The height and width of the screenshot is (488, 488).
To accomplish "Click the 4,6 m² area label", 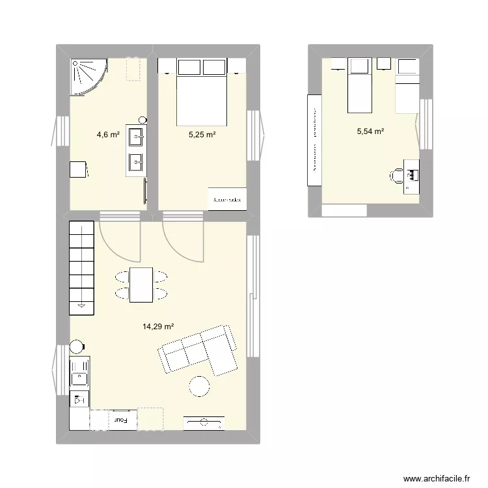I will coord(108,135).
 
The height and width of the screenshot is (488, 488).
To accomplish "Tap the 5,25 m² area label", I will coord(202,135).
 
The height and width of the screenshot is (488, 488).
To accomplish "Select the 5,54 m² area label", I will coord(370,131).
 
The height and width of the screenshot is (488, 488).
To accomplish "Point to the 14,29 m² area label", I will coord(157,327).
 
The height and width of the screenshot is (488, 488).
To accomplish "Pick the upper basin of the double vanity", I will coord(137,137).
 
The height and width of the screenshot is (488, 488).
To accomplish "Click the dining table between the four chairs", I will coord(141,285).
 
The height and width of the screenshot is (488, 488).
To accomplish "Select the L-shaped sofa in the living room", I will coord(198,351).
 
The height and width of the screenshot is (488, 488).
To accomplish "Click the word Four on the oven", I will coord(122,421).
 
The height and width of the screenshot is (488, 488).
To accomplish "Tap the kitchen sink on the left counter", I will coord(80,376).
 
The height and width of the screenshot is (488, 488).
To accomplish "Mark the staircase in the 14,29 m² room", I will coord(82,264).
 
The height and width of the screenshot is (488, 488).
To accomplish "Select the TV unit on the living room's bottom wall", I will coord(204,423).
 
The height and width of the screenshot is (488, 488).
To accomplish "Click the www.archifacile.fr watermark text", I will coord(437,477).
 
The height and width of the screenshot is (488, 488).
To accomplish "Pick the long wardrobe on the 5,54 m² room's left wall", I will coord(314,140).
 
